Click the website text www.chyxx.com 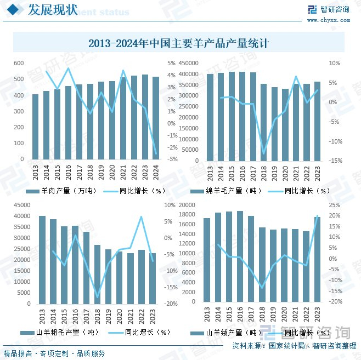[328, 20]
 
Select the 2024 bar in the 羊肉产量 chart [156, 118]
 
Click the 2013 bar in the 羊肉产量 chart [35, 127]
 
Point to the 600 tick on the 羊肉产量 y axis [19, 64]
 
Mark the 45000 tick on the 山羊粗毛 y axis [22, 205]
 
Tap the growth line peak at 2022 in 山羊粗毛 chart [142, 216]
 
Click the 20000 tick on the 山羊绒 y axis [188, 205]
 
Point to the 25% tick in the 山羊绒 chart [335, 205]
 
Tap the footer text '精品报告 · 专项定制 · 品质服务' [54, 353]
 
